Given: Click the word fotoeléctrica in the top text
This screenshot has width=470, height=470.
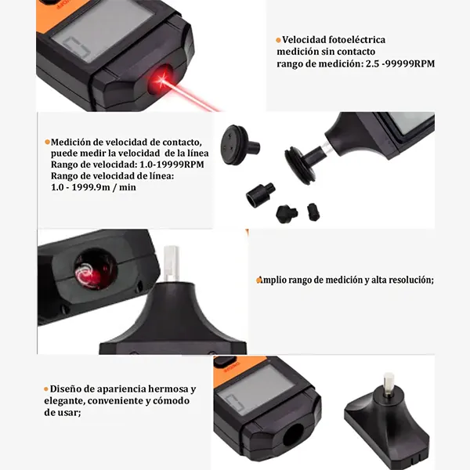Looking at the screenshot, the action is (x=357, y=40).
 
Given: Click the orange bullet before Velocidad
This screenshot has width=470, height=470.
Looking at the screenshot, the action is (x=278, y=40).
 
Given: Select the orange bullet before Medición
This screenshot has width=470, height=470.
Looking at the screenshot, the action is (x=47, y=142).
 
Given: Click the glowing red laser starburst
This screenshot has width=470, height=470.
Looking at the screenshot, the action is (x=162, y=81).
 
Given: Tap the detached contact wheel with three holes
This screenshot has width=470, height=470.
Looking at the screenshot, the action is (x=238, y=144).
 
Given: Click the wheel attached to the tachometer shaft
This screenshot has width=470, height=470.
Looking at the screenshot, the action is (x=300, y=164).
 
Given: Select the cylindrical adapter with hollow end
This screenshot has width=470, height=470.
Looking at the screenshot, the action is (x=260, y=195).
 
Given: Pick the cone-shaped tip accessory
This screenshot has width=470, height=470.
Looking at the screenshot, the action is (x=286, y=214).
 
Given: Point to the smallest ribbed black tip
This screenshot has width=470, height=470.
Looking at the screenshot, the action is (x=313, y=212).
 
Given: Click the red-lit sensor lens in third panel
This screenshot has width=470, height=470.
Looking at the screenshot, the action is (x=95, y=269).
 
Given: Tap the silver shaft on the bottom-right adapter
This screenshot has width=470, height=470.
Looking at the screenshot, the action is (x=389, y=384).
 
